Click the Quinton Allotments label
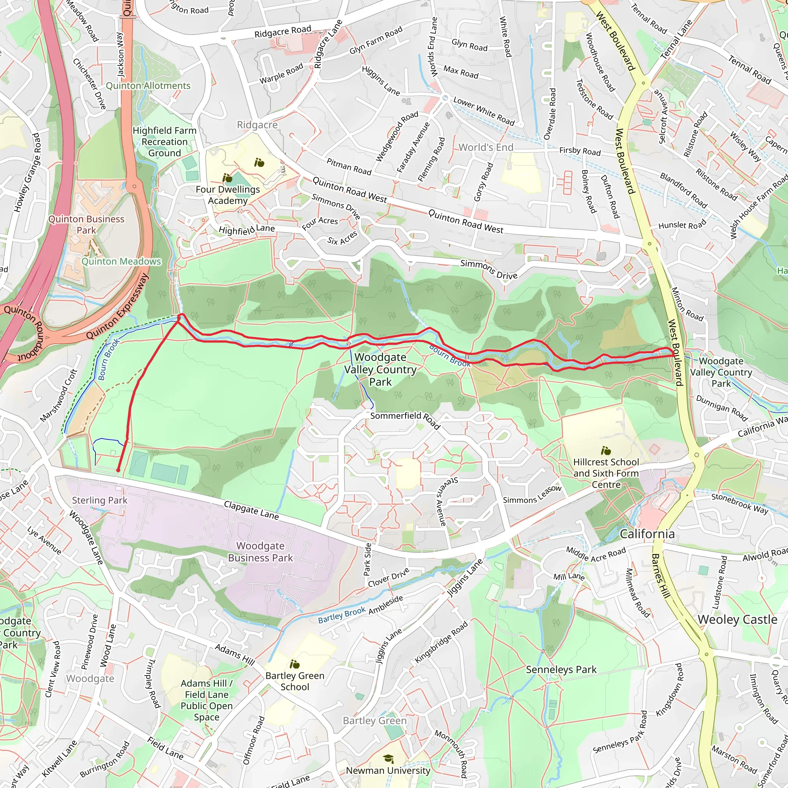coord(148,86)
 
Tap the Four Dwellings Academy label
coord(228,195)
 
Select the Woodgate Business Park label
coord(260,552)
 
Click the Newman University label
coord(388,770)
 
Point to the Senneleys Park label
coord(561,669)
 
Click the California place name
coord(647,534)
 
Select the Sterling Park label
coord(100,500)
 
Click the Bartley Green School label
coord(294,681)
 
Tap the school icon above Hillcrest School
coord(606,451)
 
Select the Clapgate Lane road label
coord(251,510)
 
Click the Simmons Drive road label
coord(489,270)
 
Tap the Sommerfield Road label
coord(405,420)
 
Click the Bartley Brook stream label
coord(342,616)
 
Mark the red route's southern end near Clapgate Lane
coord(118,470)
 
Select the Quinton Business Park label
coord(87,225)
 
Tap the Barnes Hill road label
coord(660,576)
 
